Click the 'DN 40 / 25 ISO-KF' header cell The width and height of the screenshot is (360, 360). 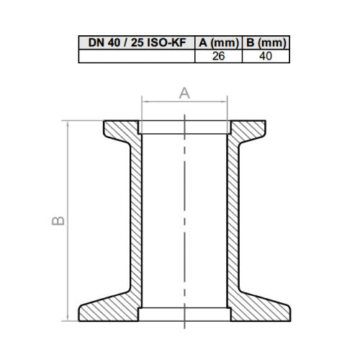pos(137,42)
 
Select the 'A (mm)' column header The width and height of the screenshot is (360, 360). pos(219,42)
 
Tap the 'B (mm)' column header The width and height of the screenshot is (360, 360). pos(266,42)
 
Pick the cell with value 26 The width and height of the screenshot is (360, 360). pos(219,56)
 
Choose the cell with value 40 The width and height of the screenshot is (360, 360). pos(266,56)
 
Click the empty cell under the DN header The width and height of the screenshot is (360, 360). pos(137,56)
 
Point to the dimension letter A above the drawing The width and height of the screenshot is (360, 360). pos(184,94)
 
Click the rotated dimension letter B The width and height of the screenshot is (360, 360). pos(58,221)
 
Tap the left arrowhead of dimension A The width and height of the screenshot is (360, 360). pos(145,102)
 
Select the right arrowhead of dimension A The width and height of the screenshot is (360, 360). pos(225,102)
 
